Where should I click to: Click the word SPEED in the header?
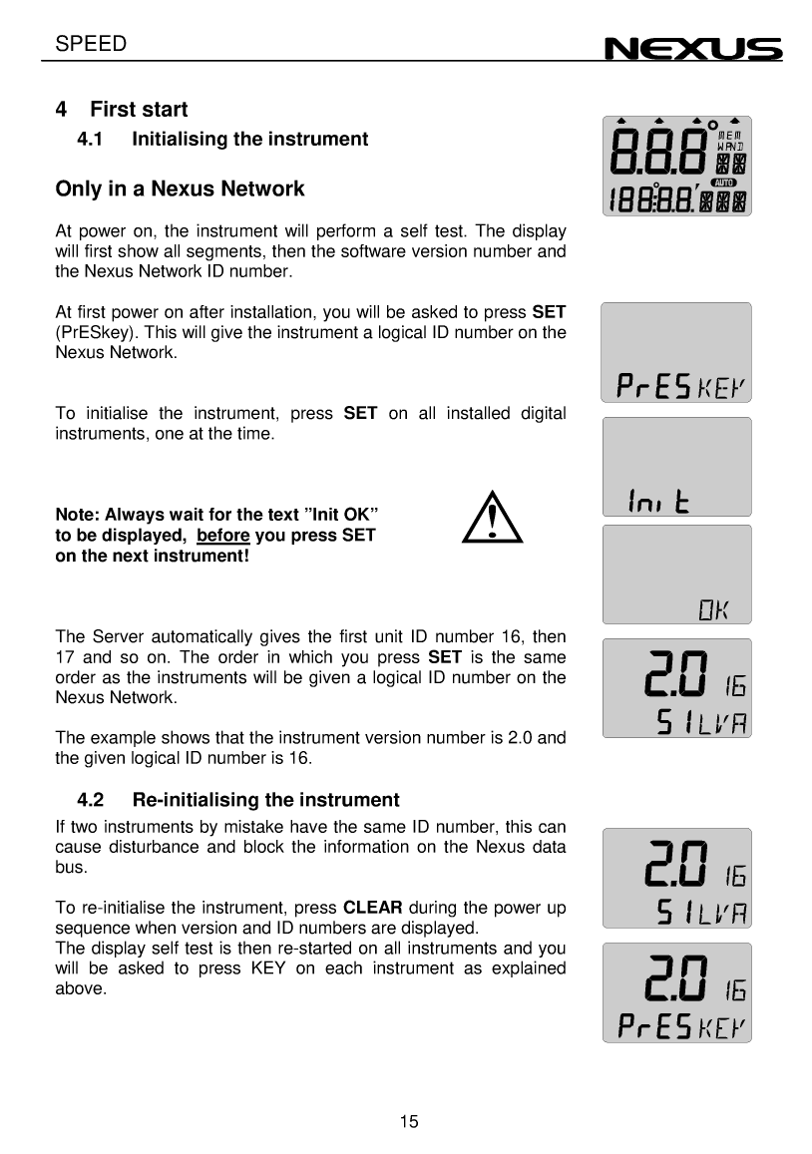click(91, 44)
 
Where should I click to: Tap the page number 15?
click(408, 1122)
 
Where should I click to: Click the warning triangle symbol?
click(493, 522)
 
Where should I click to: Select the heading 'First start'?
click(139, 109)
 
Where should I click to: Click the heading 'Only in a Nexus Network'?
click(180, 189)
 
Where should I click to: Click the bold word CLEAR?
click(372, 908)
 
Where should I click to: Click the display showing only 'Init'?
click(675, 466)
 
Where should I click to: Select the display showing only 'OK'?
click(675, 574)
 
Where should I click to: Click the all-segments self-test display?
click(675, 166)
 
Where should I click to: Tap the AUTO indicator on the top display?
click(724, 184)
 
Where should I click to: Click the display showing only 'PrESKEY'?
click(675, 352)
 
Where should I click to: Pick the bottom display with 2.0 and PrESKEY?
click(675, 993)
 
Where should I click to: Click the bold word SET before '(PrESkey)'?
click(549, 312)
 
